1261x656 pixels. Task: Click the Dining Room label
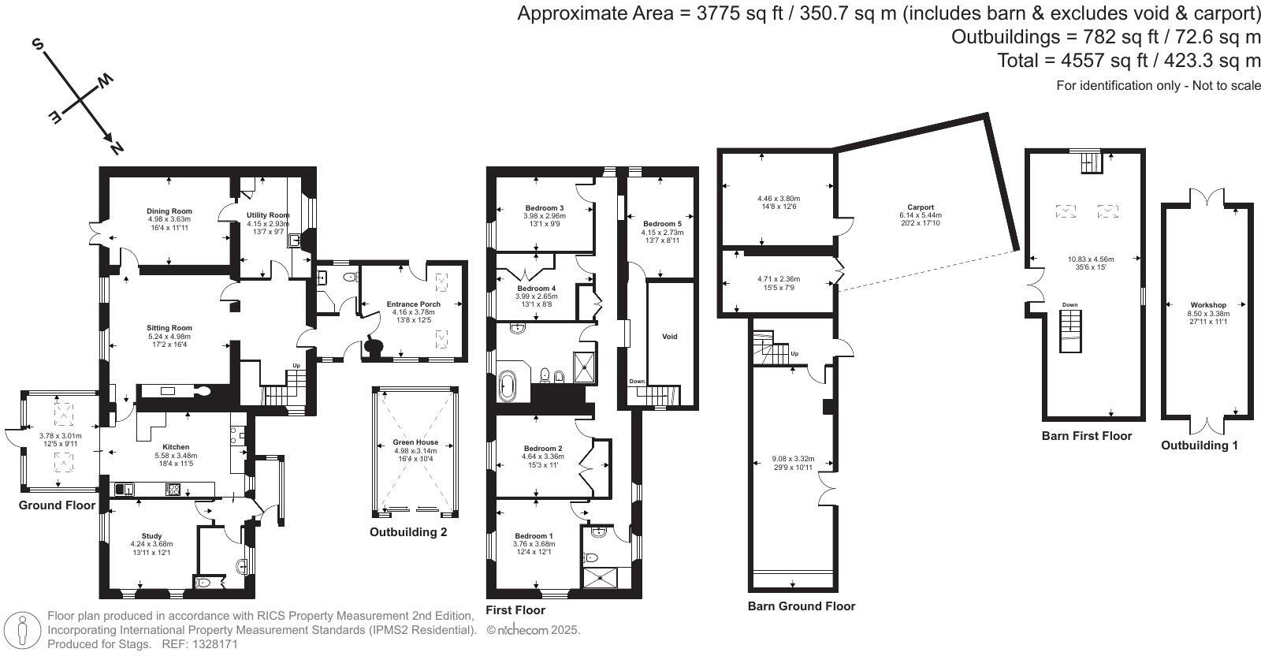[169, 211]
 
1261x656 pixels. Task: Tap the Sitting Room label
[169, 328]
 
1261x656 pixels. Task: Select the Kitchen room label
[176, 447]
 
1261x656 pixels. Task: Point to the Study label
[151, 536]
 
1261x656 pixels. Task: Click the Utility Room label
[268, 215]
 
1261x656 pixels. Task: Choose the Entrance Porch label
[413, 304]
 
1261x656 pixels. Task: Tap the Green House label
[415, 442]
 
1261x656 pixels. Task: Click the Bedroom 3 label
[545, 208]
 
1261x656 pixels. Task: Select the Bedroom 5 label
[662, 224]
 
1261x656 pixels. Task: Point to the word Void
[669, 337]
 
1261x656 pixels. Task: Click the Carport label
[921, 207]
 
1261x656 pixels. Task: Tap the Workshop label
[1208, 305]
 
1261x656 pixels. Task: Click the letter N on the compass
[117, 148]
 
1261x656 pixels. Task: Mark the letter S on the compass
[38, 44]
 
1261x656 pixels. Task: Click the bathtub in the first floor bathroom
[507, 386]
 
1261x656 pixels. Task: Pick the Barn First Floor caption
[1087, 436]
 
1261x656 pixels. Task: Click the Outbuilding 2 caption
[408, 532]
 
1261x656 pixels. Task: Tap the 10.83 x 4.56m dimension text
[1091, 259]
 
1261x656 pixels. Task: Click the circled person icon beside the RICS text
[22, 630]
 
